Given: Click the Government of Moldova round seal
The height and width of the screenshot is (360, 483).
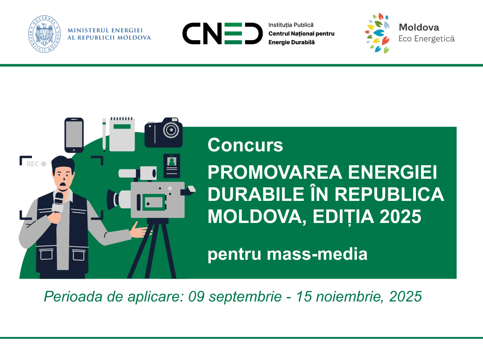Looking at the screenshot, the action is click(x=44, y=34).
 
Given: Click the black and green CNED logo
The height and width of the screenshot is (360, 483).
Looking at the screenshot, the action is click(x=222, y=34).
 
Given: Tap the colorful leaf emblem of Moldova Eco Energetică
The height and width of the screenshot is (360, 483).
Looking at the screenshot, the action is click(x=377, y=33).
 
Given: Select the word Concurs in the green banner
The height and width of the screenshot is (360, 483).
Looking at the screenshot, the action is click(x=245, y=145).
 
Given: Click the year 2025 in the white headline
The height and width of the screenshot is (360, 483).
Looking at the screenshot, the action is click(x=400, y=216).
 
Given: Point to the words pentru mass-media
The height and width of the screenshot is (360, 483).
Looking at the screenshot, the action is click(x=287, y=254).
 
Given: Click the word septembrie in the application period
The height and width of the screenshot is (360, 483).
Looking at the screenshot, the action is click(x=245, y=297).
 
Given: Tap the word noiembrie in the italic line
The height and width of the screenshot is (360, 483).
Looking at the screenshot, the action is click(x=350, y=297).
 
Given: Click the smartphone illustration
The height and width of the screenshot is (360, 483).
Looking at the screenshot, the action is click(x=74, y=135).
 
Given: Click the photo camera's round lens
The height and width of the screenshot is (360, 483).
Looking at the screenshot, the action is click(x=171, y=130).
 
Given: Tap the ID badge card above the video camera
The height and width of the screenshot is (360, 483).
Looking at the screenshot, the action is click(x=172, y=166).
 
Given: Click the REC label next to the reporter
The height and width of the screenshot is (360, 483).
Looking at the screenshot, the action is click(x=32, y=164).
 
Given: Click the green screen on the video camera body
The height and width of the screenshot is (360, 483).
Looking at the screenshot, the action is click(x=154, y=202).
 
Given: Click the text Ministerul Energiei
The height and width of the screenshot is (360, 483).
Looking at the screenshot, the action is click(x=105, y=30).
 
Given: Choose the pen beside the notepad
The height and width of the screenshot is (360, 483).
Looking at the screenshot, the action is click(x=104, y=135).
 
